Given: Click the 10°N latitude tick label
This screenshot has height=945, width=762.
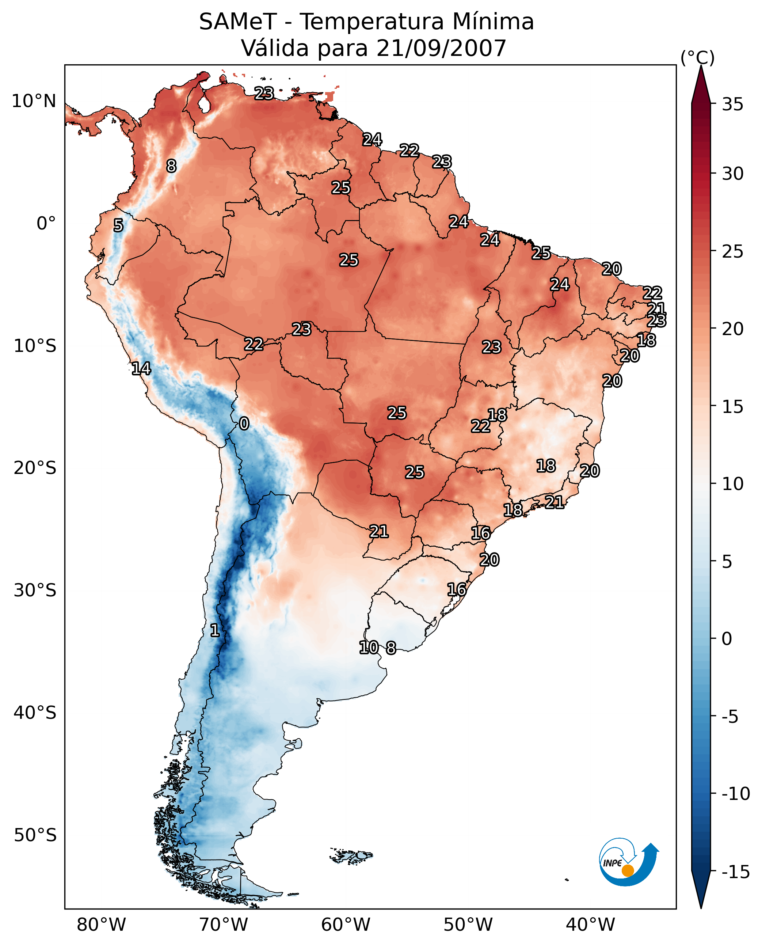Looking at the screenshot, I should [34, 102].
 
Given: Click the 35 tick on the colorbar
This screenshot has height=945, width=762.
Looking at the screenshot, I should [732, 105].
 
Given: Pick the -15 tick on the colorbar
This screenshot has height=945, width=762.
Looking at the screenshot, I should [736, 872].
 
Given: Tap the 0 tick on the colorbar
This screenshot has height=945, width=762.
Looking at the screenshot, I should [727, 638].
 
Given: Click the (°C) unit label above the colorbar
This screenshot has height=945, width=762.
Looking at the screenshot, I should [697, 57].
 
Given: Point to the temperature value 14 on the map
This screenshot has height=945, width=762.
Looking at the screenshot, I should [141, 368].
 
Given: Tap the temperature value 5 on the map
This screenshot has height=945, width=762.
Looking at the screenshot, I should [118, 225].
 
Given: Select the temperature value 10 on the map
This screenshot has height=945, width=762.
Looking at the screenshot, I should [369, 647].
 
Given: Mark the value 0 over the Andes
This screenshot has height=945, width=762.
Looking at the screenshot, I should [244, 423].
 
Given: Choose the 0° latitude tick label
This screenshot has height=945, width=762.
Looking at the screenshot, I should [46, 224].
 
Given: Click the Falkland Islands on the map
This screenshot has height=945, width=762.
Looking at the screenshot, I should [351, 856].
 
